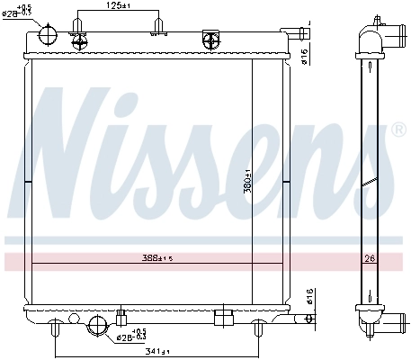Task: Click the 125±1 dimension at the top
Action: [x=120, y=6]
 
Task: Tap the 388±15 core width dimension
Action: [x=157, y=257]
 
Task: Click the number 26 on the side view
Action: [x=368, y=258]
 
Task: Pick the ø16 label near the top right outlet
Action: [x=305, y=55]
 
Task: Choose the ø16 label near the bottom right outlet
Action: [x=307, y=296]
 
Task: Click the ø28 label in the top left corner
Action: [x=20, y=13]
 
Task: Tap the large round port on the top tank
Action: [x=48, y=35]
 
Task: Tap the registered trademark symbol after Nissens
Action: [x=398, y=130]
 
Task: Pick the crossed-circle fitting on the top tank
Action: [x=212, y=39]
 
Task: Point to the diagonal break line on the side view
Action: [x=368, y=183]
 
